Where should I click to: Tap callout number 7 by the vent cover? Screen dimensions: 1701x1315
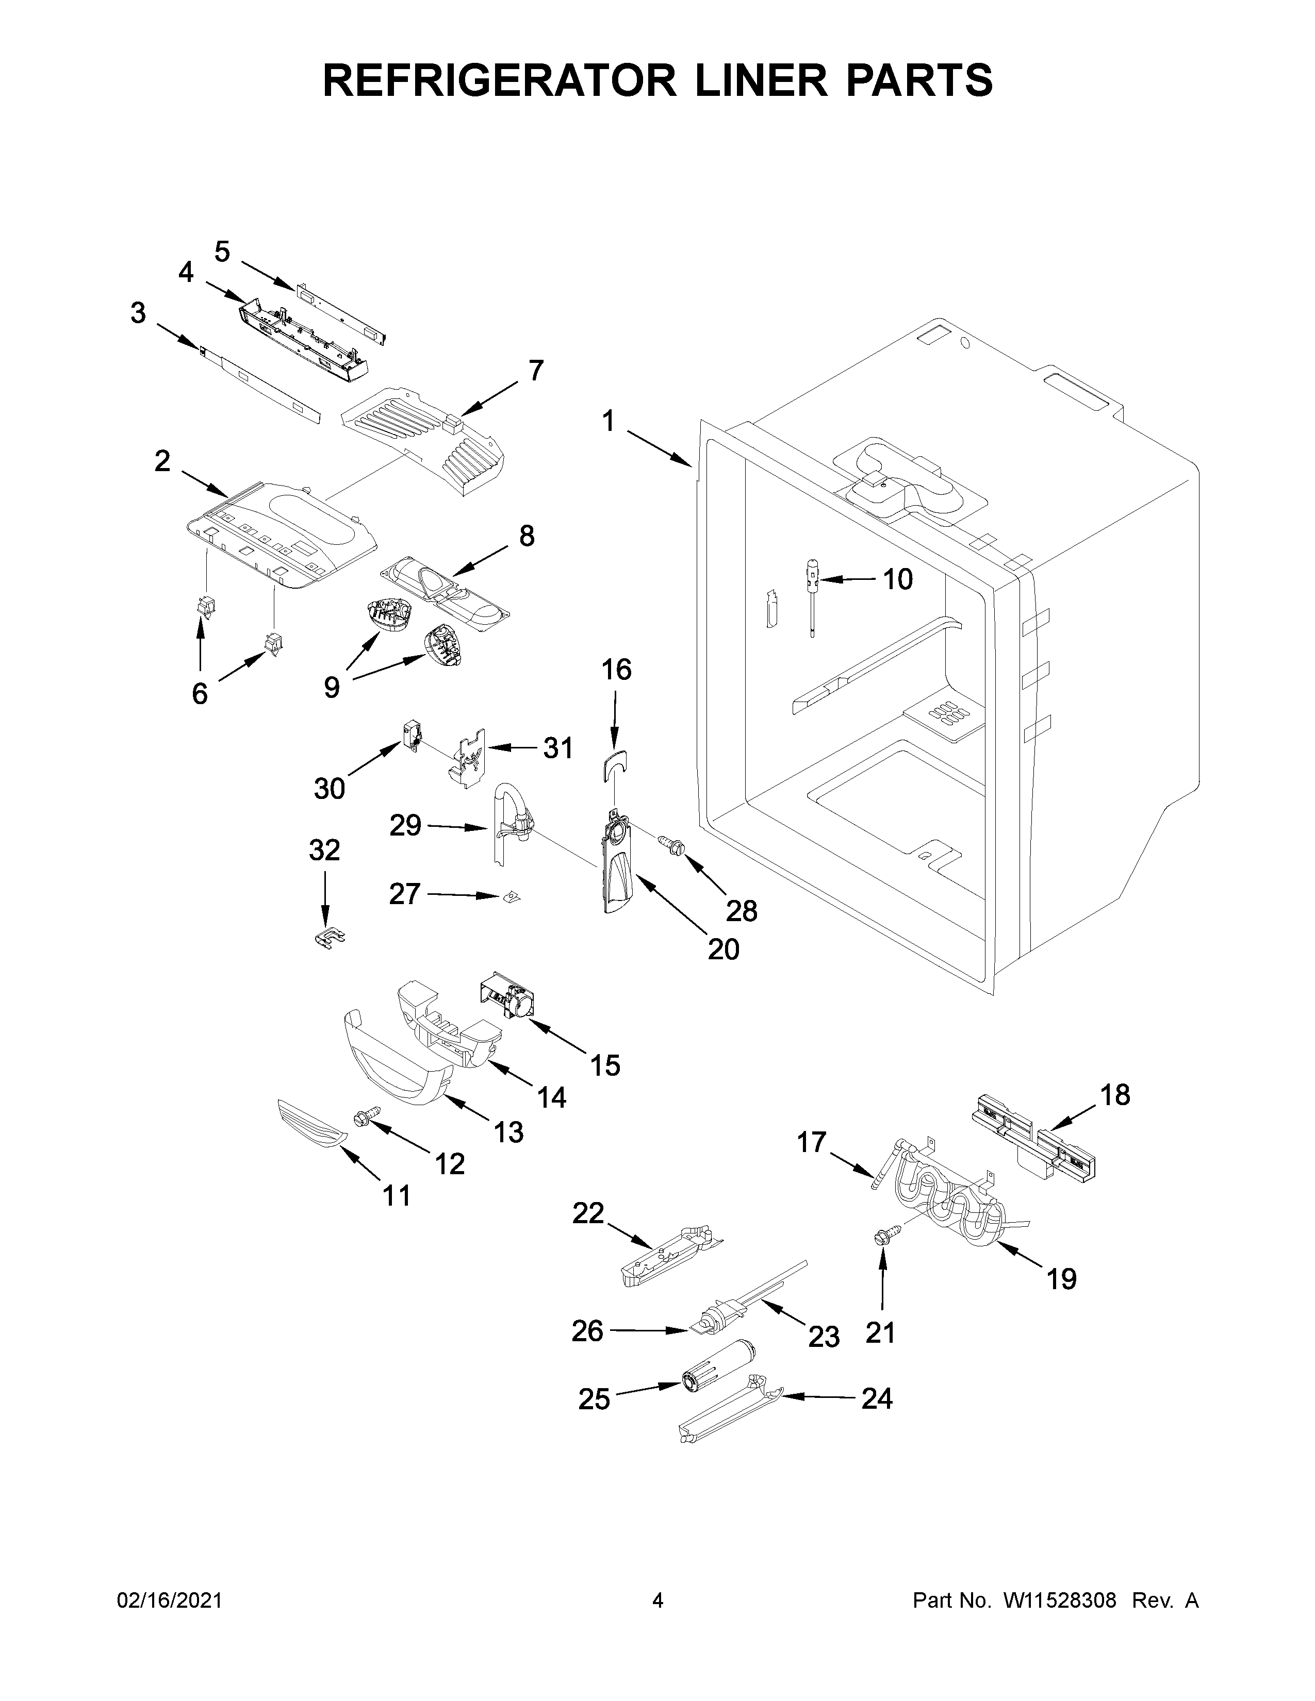(x=536, y=370)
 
